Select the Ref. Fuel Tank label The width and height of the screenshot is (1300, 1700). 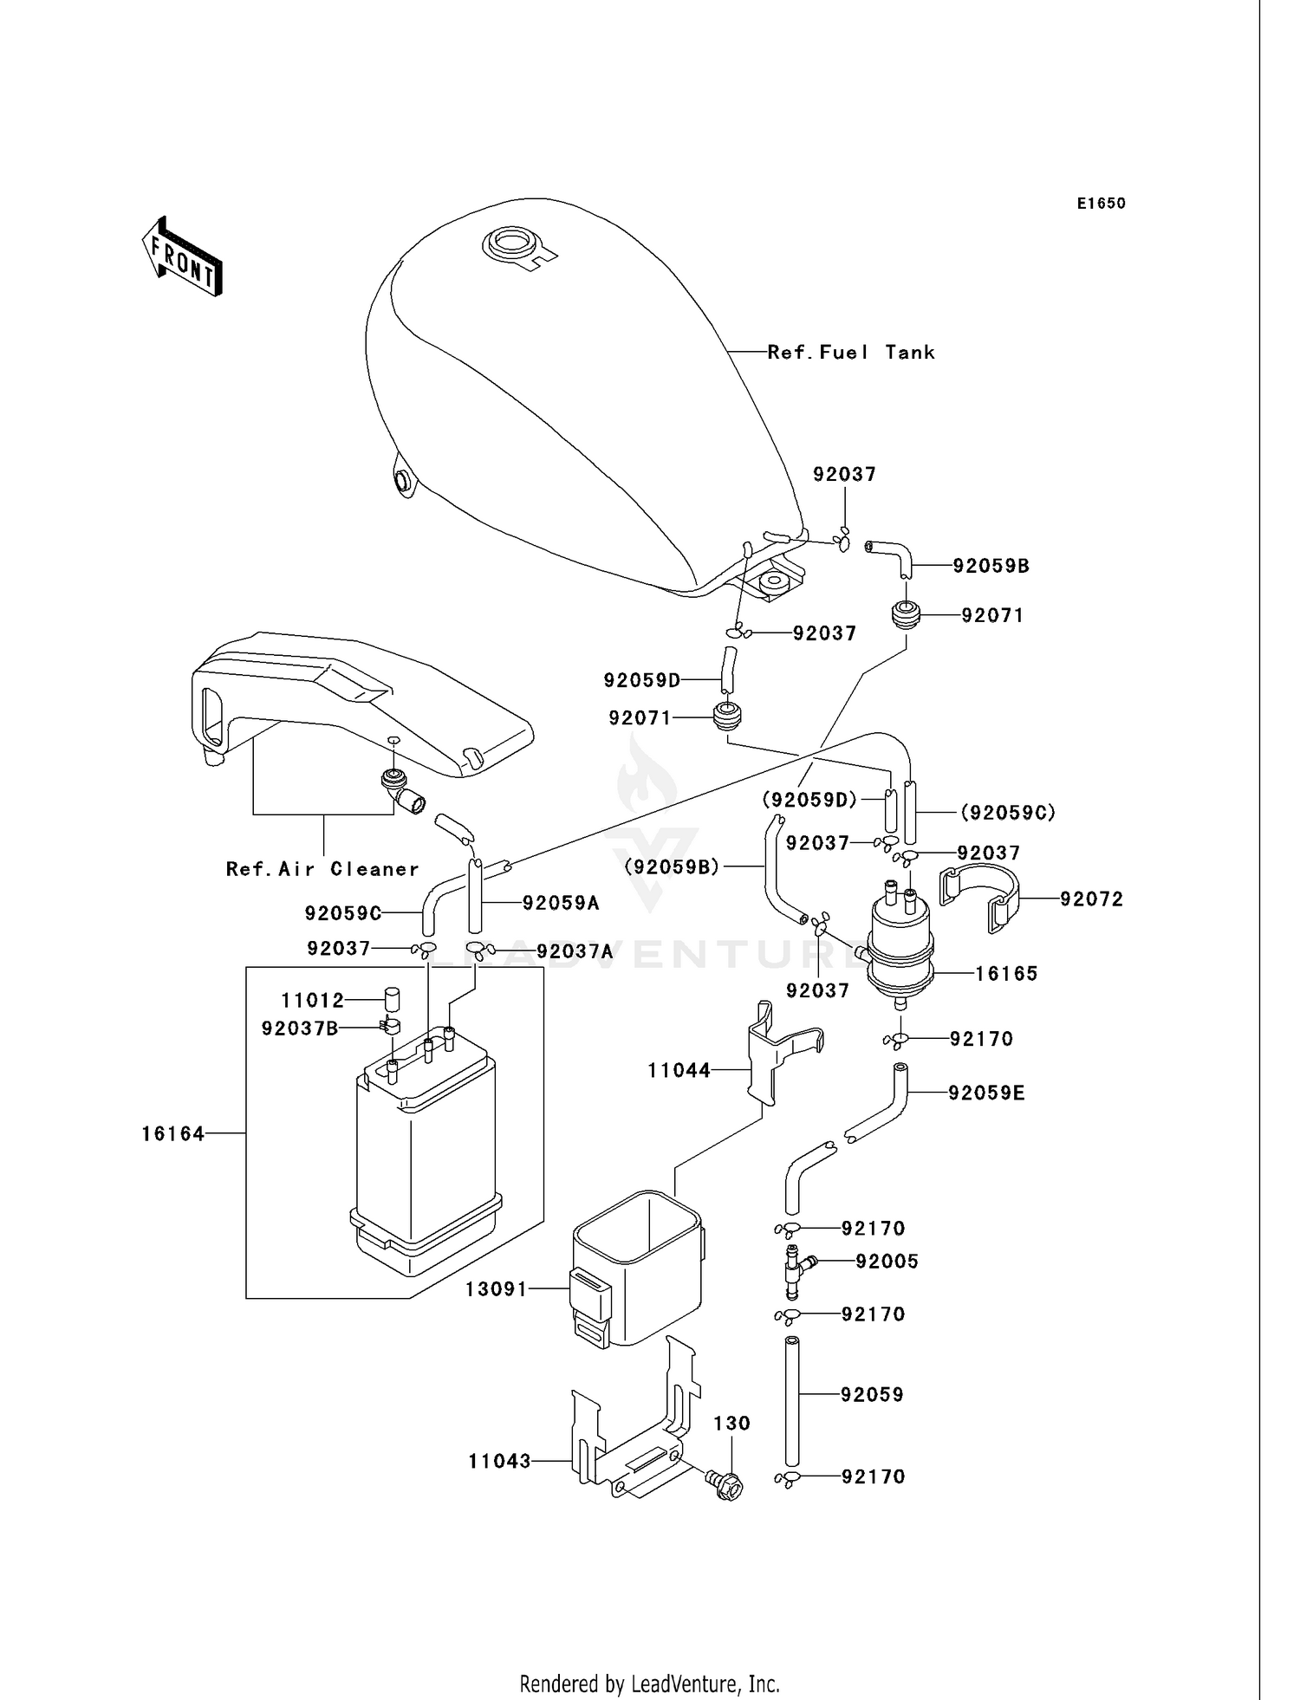pos(850,352)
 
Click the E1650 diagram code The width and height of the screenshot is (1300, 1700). pos(1101,204)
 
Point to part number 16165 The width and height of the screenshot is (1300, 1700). pos(1005,973)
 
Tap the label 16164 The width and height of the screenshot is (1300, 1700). pos(173,1133)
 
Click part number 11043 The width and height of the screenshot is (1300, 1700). pos(499,1461)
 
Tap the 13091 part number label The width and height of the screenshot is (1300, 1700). pos(496,1288)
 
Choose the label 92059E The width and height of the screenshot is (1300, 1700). pos(986,1093)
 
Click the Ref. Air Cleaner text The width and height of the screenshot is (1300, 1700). pos(322,869)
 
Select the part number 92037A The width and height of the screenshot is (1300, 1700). pos(574,951)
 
